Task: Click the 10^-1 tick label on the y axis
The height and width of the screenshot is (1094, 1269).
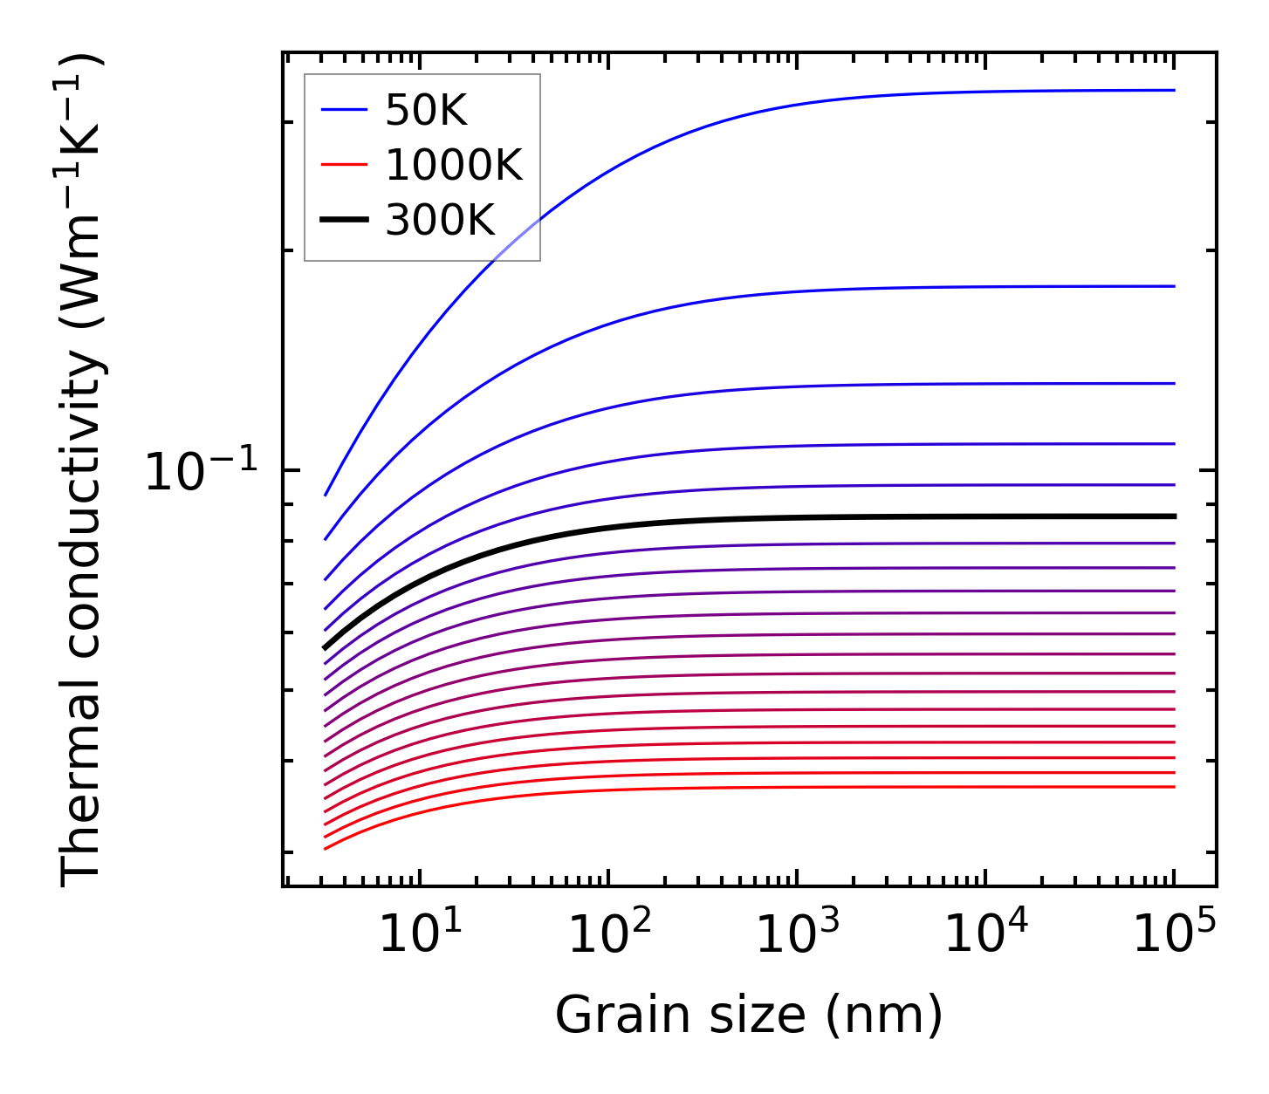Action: click(202, 472)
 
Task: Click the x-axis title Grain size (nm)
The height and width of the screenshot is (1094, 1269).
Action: click(749, 1015)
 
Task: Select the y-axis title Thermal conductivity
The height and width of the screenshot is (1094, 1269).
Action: click(82, 469)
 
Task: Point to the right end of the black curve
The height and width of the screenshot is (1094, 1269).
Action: click(1175, 516)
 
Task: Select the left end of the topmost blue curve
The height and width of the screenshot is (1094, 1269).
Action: click(326, 495)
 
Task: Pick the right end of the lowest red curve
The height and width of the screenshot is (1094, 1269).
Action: click(1175, 787)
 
